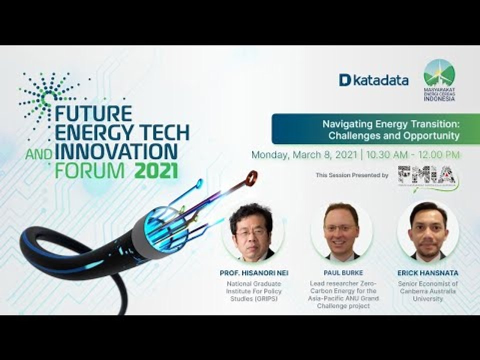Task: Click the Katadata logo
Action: coord(373,80)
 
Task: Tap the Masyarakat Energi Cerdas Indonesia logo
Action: coord(439,80)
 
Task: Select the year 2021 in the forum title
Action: coord(156,170)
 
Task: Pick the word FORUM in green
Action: coord(89,170)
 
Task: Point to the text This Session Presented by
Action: coord(352,175)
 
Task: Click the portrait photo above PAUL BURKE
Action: coord(341,231)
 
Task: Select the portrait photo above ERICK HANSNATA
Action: coord(428,231)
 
